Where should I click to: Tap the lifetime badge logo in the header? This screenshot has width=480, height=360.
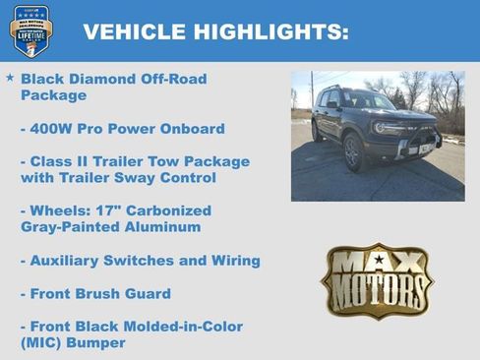[30, 30]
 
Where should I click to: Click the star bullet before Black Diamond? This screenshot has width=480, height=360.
[10, 78]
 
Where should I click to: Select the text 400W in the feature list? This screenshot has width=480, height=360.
[52, 129]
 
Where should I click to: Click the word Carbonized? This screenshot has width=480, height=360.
[164, 211]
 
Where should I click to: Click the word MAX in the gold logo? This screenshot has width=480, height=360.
[378, 265]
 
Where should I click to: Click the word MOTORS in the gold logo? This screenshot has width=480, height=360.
[378, 291]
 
